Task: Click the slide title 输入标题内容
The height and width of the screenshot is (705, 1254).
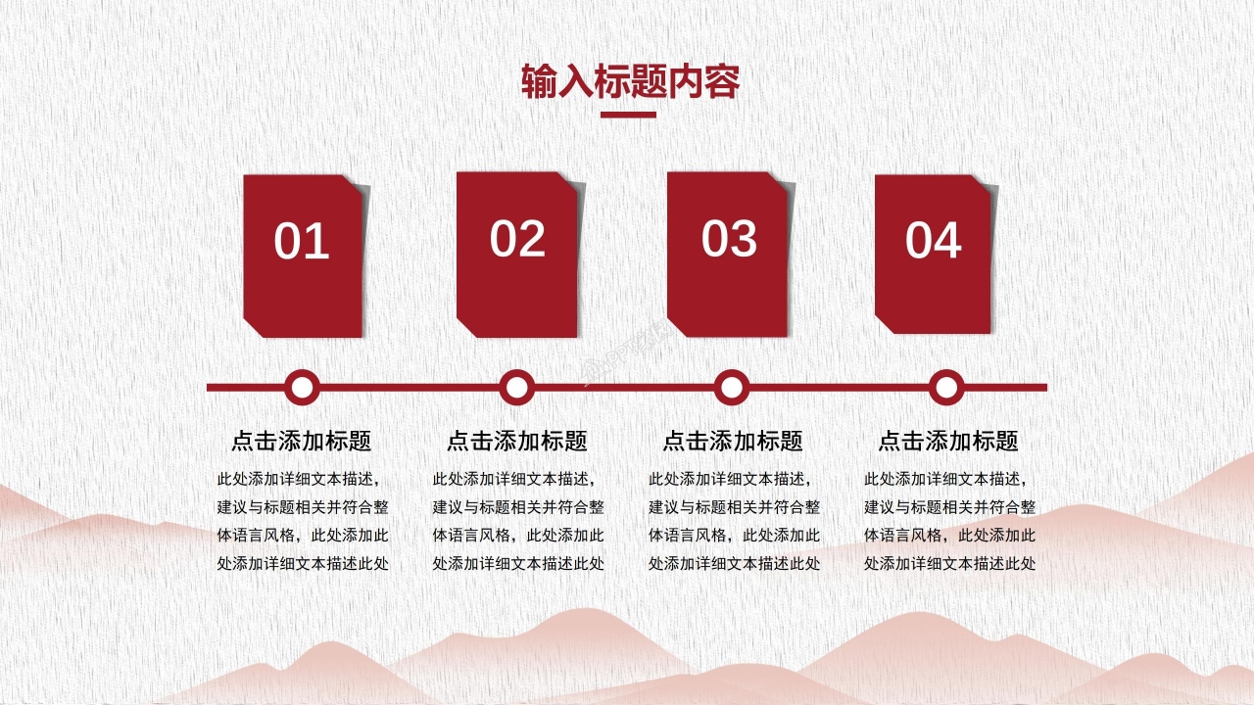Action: [630, 82]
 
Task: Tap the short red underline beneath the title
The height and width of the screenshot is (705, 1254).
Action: [627, 115]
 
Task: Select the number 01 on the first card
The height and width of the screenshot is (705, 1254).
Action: [302, 242]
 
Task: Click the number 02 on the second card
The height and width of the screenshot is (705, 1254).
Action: [517, 239]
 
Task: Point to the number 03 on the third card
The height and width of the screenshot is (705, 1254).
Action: [730, 239]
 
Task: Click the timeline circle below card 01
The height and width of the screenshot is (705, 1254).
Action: [302, 388]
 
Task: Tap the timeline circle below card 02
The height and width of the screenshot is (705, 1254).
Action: [516, 388]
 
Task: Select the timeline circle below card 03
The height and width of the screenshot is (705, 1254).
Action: [731, 388]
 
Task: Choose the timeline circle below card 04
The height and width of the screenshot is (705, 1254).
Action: [945, 388]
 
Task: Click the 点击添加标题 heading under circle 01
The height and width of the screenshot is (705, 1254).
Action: [302, 441]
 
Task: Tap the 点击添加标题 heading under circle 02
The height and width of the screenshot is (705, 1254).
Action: [517, 441]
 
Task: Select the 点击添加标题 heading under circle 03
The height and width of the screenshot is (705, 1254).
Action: [733, 441]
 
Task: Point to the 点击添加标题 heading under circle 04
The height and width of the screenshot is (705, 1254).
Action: [948, 441]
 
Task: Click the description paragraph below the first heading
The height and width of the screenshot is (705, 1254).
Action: [303, 521]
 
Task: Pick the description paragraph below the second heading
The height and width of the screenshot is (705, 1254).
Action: [518, 521]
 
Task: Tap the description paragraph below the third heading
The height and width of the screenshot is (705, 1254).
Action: [734, 521]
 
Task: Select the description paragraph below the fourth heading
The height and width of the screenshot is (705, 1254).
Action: [949, 521]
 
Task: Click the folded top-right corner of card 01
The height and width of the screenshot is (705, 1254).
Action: [358, 184]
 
